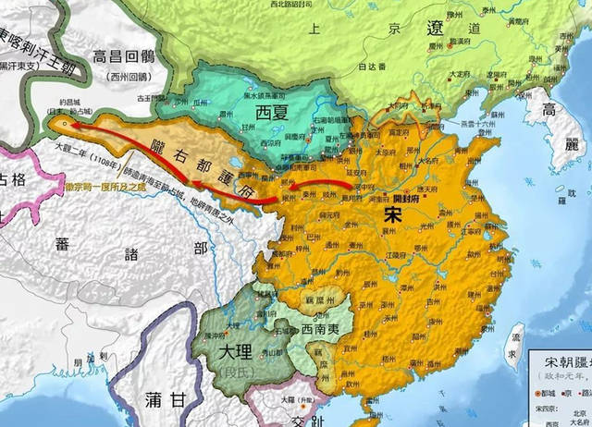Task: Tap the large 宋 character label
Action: point(391,213)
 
